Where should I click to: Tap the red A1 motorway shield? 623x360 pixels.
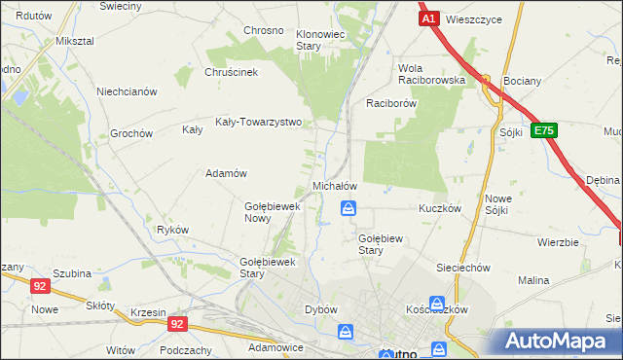(428, 18)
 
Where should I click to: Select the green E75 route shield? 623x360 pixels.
(543, 131)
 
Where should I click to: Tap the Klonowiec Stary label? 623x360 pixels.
(321, 40)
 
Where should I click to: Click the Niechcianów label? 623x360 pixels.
(127, 92)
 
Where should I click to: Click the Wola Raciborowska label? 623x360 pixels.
(430, 75)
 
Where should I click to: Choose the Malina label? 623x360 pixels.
(533, 280)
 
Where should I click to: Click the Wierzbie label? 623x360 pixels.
(558, 242)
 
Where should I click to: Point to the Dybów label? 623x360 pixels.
(320, 309)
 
